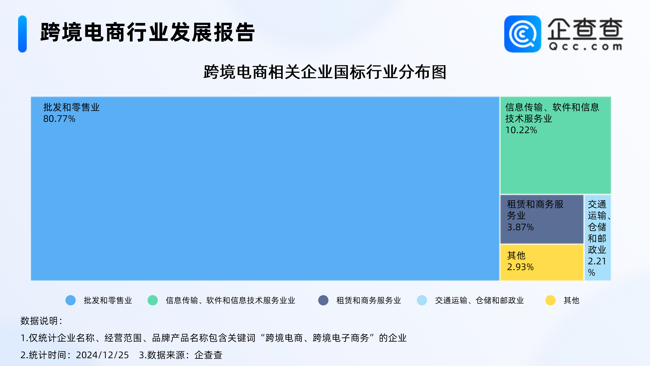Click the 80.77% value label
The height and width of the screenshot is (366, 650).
click(x=59, y=119)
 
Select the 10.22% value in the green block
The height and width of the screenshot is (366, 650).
click(x=521, y=130)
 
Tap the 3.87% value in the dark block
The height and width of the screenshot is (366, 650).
click(x=520, y=227)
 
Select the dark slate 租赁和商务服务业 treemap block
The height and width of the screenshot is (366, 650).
click(x=542, y=219)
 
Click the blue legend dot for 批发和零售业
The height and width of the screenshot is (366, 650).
click(x=71, y=300)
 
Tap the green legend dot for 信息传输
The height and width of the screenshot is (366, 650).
click(x=153, y=300)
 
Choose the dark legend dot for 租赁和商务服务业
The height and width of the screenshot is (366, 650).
click(x=323, y=300)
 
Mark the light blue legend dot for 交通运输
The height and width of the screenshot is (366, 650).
click(x=422, y=300)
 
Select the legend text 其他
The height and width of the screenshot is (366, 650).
click(x=571, y=300)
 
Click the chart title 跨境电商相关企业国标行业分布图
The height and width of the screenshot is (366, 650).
click(x=325, y=72)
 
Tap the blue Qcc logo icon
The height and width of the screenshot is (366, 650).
click(x=523, y=34)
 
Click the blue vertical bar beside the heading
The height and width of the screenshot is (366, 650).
click(x=23, y=34)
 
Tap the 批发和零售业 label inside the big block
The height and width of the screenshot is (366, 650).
click(x=71, y=107)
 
